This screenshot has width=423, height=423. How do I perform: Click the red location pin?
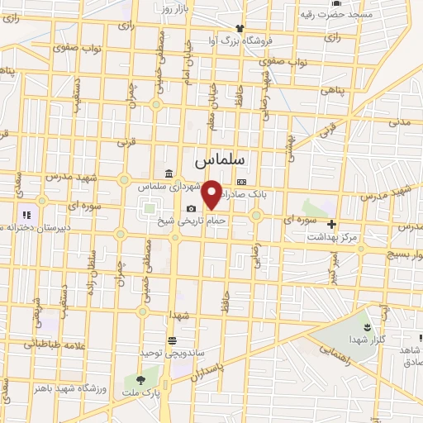(211, 193)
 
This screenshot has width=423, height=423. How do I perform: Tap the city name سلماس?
(222, 155)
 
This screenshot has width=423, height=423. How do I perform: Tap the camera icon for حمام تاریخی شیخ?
(192, 208)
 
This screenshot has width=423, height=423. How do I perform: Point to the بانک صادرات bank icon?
(241, 182)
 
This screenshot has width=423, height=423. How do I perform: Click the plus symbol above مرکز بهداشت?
(331, 224)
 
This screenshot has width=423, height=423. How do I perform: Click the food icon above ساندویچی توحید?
(171, 340)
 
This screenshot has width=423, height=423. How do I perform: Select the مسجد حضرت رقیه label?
(336, 14)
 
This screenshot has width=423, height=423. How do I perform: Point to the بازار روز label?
(175, 8)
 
